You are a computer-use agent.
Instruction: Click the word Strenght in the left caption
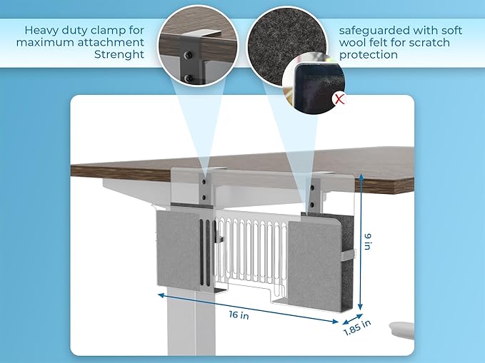(121, 55)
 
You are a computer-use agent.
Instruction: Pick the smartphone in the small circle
(307, 85)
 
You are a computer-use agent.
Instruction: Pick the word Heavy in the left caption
(41, 31)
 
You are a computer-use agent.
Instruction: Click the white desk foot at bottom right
(401, 329)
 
